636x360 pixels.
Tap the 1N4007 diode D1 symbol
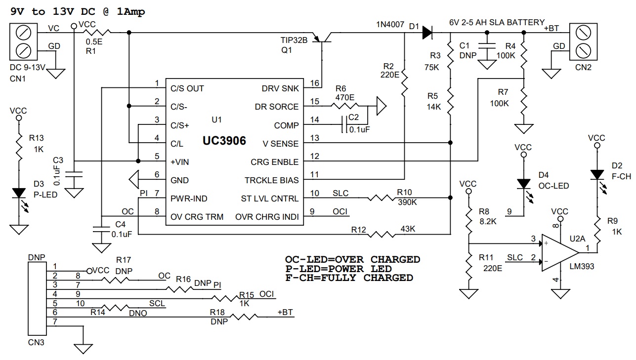(x=427, y=33)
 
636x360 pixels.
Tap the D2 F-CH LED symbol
(x=597, y=175)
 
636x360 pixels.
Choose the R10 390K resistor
(x=381, y=198)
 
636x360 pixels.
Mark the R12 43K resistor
(x=380, y=234)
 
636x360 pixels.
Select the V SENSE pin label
(x=281, y=144)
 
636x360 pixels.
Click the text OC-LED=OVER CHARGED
(x=352, y=260)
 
